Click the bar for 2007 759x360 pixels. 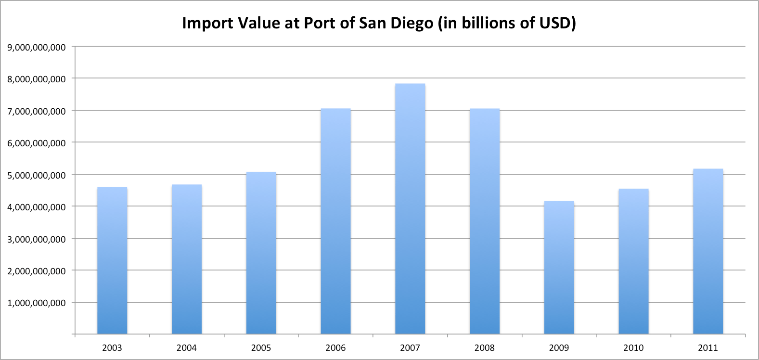[x=410, y=209]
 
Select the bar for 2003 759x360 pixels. [x=112, y=260]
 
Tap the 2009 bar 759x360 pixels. [x=559, y=268]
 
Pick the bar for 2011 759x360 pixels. [x=708, y=251]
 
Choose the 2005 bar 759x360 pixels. [x=261, y=253]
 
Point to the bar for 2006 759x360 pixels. [x=335, y=221]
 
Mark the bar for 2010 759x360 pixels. [x=633, y=261]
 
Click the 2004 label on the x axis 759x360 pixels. [x=186, y=347]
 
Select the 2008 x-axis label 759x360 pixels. [x=484, y=347]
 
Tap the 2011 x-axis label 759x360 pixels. [x=708, y=347]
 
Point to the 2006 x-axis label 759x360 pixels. [x=335, y=347]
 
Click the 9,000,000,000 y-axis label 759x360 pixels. [x=37, y=47]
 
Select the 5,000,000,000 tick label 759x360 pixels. [x=37, y=175]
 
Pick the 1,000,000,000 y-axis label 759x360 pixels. [x=37, y=303]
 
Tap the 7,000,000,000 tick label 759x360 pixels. [x=37, y=111]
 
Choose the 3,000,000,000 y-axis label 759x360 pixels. [x=37, y=239]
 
